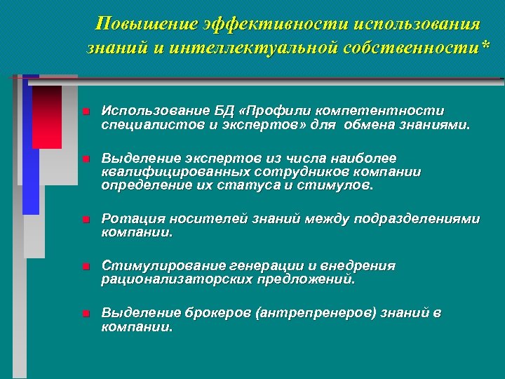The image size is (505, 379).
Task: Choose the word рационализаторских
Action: pyautogui.click(x=173, y=279)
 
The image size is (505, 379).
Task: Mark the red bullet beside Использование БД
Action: pyautogui.click(x=84, y=112)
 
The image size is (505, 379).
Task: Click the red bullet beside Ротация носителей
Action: pyautogui.click(x=84, y=220)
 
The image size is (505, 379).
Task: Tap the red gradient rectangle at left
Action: pyautogui.click(x=47, y=116)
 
